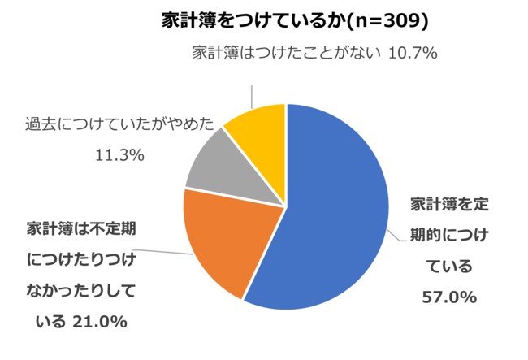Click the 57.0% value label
click(448, 298)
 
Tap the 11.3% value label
click(119, 154)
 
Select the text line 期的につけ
click(448, 234)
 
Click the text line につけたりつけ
click(84, 259)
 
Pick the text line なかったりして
click(84, 291)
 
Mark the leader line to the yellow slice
click(253, 89)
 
